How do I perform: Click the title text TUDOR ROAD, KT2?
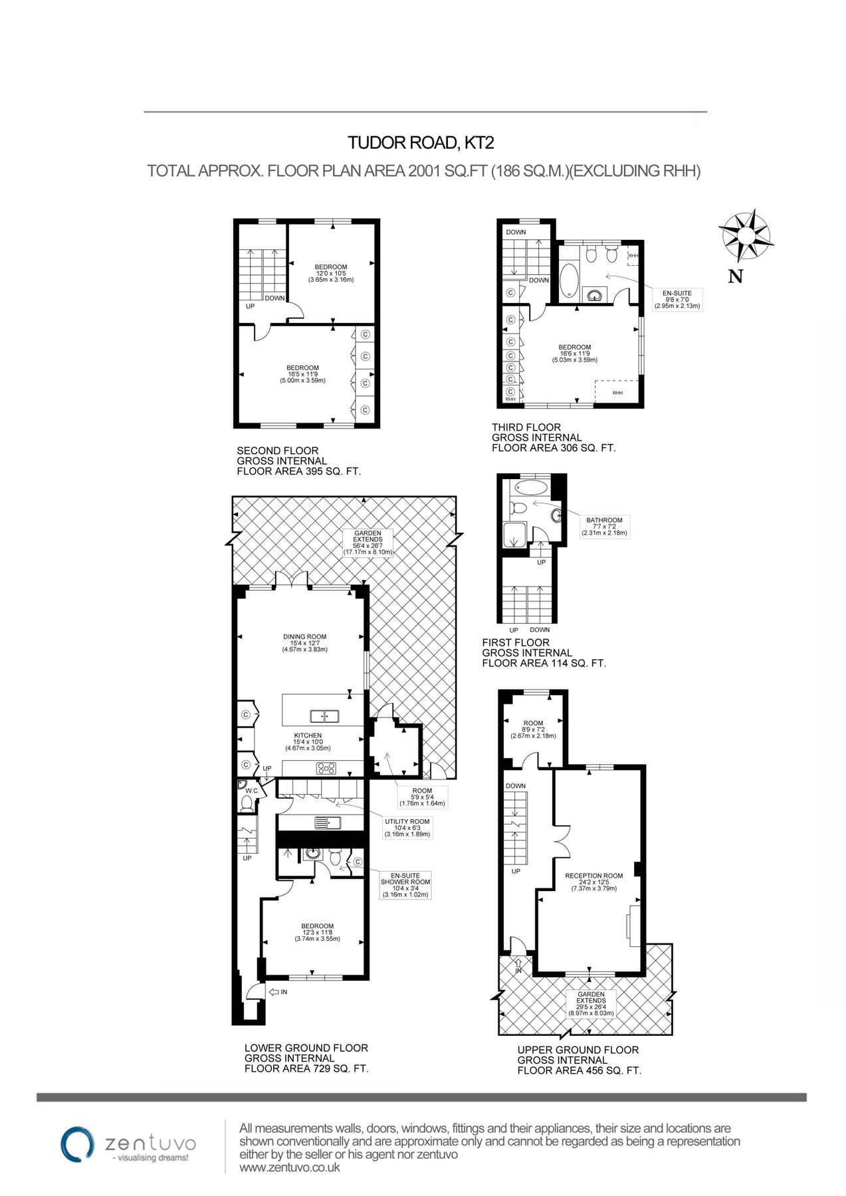pos(421,142)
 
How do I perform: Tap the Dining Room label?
pos(304,643)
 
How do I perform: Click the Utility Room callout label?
pos(407,828)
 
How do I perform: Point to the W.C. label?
pos(252,791)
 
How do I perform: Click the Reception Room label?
pos(593,882)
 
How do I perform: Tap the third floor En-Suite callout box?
pos(677,300)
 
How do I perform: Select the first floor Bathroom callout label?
pos(604,526)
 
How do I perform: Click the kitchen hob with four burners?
pos(326,769)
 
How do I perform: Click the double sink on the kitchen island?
pos(324,716)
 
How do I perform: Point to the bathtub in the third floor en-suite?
pos(570,280)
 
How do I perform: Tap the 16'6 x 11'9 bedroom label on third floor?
pos(574,353)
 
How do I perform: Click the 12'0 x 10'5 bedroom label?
pos(330,273)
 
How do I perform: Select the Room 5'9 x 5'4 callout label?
pos(421,797)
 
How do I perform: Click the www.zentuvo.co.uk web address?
pos(289,1167)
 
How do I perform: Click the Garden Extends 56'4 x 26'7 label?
pos(368,542)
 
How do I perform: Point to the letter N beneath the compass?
pos(735,276)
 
